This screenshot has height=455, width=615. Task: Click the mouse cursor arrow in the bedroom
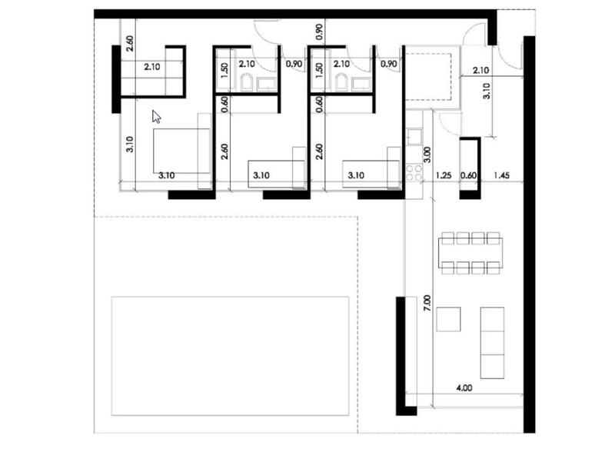click(156, 116)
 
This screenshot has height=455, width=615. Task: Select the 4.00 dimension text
click(464, 389)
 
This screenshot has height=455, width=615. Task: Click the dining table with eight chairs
click(470, 252)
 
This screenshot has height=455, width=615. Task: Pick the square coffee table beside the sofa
click(448, 319)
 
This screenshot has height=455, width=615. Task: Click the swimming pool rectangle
click(230, 356)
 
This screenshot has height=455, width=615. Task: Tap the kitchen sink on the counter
click(413, 137)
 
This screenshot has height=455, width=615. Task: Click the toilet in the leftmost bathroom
click(247, 83)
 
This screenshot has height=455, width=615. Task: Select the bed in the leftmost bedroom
click(182, 151)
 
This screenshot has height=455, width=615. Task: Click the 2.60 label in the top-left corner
click(129, 44)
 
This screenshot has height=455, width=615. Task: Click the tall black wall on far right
click(528, 231)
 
